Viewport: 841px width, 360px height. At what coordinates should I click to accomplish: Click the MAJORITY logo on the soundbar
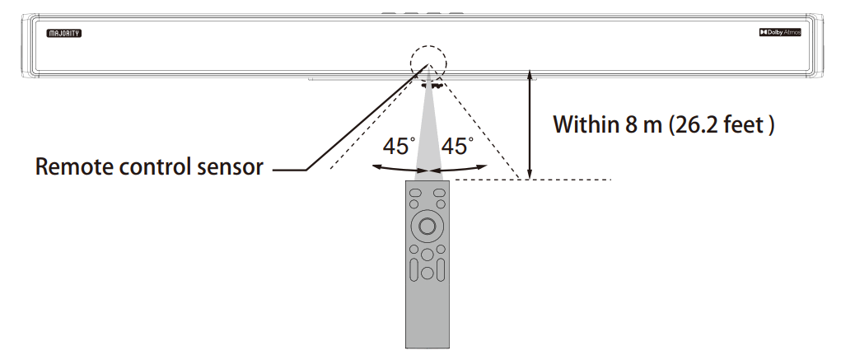[65, 34]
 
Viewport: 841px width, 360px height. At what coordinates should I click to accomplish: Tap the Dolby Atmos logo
[779, 33]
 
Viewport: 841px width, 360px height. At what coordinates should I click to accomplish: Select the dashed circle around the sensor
[428, 63]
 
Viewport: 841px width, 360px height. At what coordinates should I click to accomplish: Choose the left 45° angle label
[399, 147]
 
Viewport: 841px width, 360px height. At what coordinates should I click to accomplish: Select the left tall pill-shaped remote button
[414, 269]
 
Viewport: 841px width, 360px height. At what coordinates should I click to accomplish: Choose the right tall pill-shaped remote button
[440, 269]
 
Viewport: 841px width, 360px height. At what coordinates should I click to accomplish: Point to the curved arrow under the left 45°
[395, 168]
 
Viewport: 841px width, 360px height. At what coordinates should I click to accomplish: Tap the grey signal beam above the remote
[428, 132]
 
